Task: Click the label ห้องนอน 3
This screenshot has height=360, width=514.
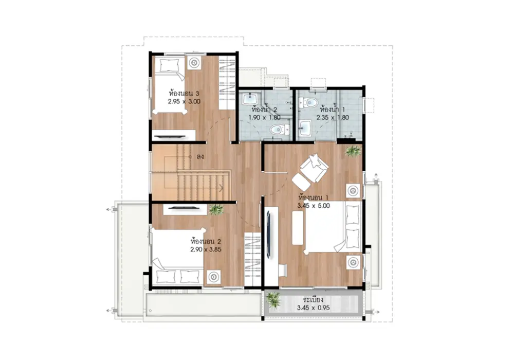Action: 184,93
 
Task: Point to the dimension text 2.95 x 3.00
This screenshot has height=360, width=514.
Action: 184,102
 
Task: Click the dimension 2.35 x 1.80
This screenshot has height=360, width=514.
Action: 333,118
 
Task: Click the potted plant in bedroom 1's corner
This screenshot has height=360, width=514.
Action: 353,151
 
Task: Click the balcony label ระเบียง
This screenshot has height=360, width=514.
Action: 314,300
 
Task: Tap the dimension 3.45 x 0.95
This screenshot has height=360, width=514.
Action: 314,308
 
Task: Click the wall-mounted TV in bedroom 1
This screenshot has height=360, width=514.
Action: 269,234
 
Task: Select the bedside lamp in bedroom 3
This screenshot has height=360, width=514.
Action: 194,62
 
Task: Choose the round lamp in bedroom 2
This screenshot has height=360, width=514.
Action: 214,277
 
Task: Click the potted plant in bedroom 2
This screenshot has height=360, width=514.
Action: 216,209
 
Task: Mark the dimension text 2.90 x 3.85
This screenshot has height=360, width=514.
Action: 206,249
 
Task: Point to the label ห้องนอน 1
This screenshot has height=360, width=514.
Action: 314,197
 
